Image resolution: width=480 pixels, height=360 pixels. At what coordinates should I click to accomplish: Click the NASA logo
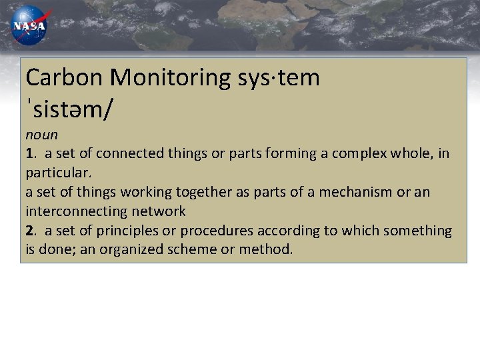[29, 25]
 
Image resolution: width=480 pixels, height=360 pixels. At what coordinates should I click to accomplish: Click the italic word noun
[42, 134]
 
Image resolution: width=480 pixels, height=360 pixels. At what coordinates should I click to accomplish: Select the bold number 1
[30, 153]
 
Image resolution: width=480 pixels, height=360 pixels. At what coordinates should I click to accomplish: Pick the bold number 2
[30, 231]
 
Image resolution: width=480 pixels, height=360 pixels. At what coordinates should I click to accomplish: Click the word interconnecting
[71, 211]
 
